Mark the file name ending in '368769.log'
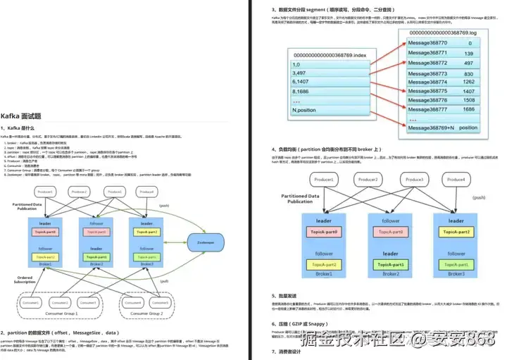[x=442, y=32]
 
